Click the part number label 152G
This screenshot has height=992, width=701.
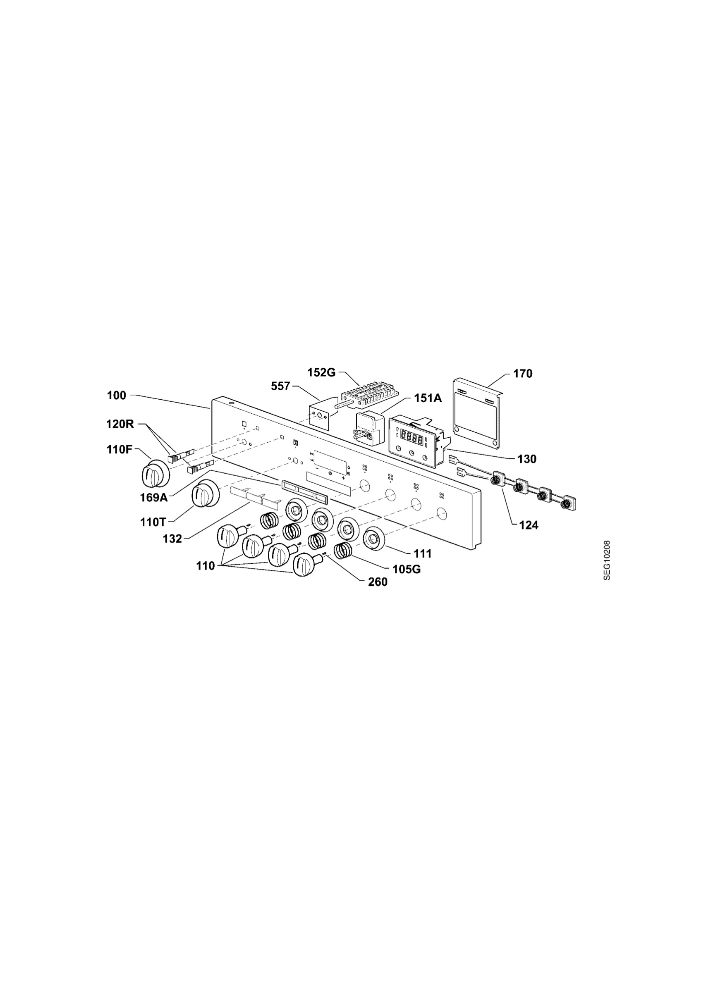[x=321, y=372]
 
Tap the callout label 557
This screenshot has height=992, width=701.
[x=280, y=386]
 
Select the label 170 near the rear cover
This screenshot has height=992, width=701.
[x=522, y=374]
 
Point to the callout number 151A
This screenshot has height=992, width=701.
[x=428, y=398]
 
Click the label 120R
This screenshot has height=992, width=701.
[x=120, y=424]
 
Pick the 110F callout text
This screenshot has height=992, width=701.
[x=119, y=450]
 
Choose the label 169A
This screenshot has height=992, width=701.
[x=154, y=497]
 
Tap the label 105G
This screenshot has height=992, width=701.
[x=407, y=570]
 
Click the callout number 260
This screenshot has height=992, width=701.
[x=378, y=582]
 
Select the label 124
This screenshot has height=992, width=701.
[x=529, y=525]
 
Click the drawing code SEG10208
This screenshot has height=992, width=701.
[x=607, y=560]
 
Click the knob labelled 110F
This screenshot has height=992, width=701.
[x=156, y=474]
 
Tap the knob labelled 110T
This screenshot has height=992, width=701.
[x=205, y=494]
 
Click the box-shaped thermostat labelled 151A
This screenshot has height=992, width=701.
[x=368, y=428]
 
